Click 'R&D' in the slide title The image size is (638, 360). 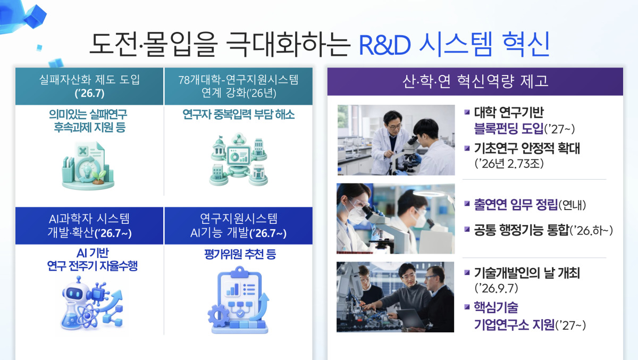click(x=384, y=45)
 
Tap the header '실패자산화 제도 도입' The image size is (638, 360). click(x=89, y=79)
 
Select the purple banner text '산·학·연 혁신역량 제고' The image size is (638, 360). click(x=475, y=81)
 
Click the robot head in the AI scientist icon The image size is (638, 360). click(x=73, y=291)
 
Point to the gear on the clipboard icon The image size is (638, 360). click(x=219, y=315)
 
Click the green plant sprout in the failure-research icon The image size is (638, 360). click(x=98, y=176)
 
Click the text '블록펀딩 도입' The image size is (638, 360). click(x=509, y=129)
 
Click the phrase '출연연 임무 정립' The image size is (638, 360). click(x=516, y=205)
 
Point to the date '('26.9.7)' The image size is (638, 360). click(x=496, y=288)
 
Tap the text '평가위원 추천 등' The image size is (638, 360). click(x=240, y=254)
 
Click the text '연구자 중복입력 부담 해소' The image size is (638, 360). click(x=238, y=114)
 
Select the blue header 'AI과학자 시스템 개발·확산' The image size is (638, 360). click(x=89, y=225)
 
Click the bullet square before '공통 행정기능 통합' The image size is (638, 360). click(x=467, y=229)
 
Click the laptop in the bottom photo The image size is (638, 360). click(x=411, y=319)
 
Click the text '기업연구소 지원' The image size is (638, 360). click(x=515, y=325)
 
